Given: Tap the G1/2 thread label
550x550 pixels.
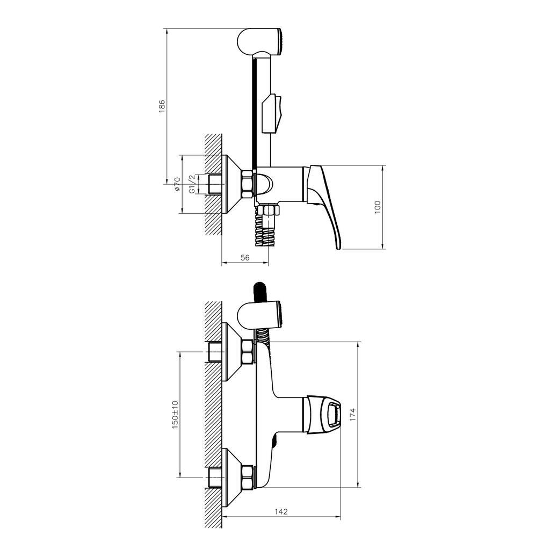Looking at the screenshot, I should point(191,184).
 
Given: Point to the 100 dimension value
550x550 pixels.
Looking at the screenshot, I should point(377,207).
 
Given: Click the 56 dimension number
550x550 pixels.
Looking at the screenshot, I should point(245,258).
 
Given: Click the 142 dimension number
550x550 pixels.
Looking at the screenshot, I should point(280,512).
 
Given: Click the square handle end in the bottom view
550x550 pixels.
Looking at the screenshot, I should point(334,414).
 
